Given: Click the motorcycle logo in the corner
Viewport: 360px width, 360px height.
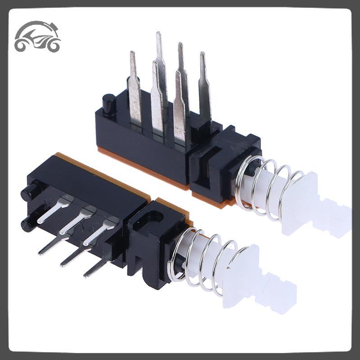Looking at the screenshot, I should point(37,37).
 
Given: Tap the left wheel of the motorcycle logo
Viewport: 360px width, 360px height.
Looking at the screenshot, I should point(22,45).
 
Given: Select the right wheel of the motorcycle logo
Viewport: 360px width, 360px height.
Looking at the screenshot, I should point(53,45).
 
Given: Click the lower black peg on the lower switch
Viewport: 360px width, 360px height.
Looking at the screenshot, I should point(28,223).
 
